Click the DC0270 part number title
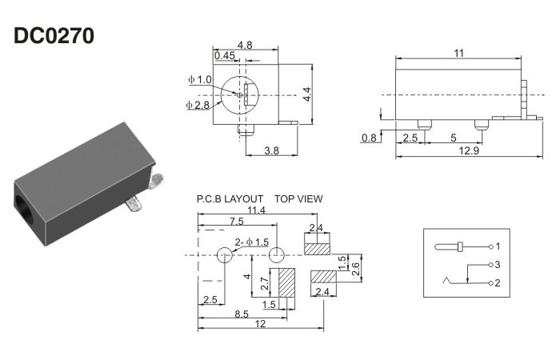tap(55, 36)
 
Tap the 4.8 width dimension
tap(246, 46)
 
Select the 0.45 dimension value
tap(224, 55)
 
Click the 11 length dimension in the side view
tap(459, 54)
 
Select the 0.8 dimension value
tap(369, 138)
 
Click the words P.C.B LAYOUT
tap(230, 198)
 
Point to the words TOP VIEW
tap(299, 198)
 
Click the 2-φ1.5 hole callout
tap(251, 242)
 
